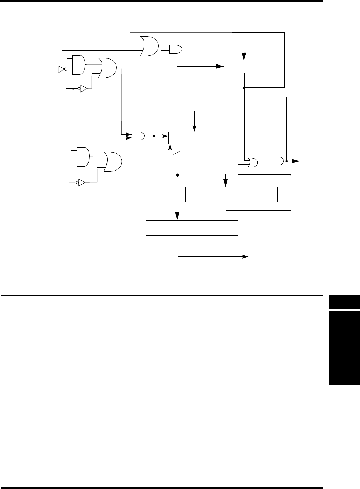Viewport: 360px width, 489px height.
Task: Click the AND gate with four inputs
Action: point(78,65)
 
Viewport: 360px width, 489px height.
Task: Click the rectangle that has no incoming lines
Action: point(192,105)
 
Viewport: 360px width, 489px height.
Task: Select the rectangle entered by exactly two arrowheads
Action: point(244,67)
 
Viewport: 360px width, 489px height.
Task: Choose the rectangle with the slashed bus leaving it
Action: point(192,138)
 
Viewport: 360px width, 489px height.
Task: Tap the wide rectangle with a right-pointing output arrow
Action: point(192,228)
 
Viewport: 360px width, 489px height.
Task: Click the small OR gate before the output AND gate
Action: point(253,162)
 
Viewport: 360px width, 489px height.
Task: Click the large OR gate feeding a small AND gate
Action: point(149,46)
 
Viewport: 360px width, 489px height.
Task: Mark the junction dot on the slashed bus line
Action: point(177,175)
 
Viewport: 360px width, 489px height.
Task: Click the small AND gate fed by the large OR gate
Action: point(176,50)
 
